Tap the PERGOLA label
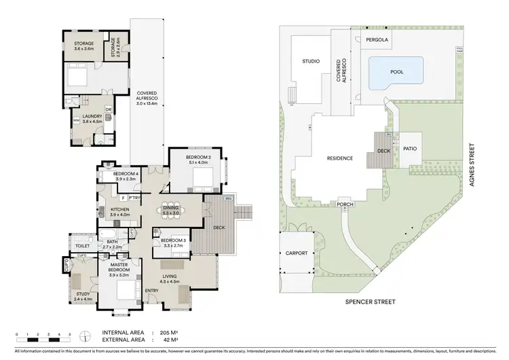tap(377, 40)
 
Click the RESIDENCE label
tap(339, 158)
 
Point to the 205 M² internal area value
tap(164, 334)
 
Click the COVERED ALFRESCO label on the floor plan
tap(147, 98)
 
